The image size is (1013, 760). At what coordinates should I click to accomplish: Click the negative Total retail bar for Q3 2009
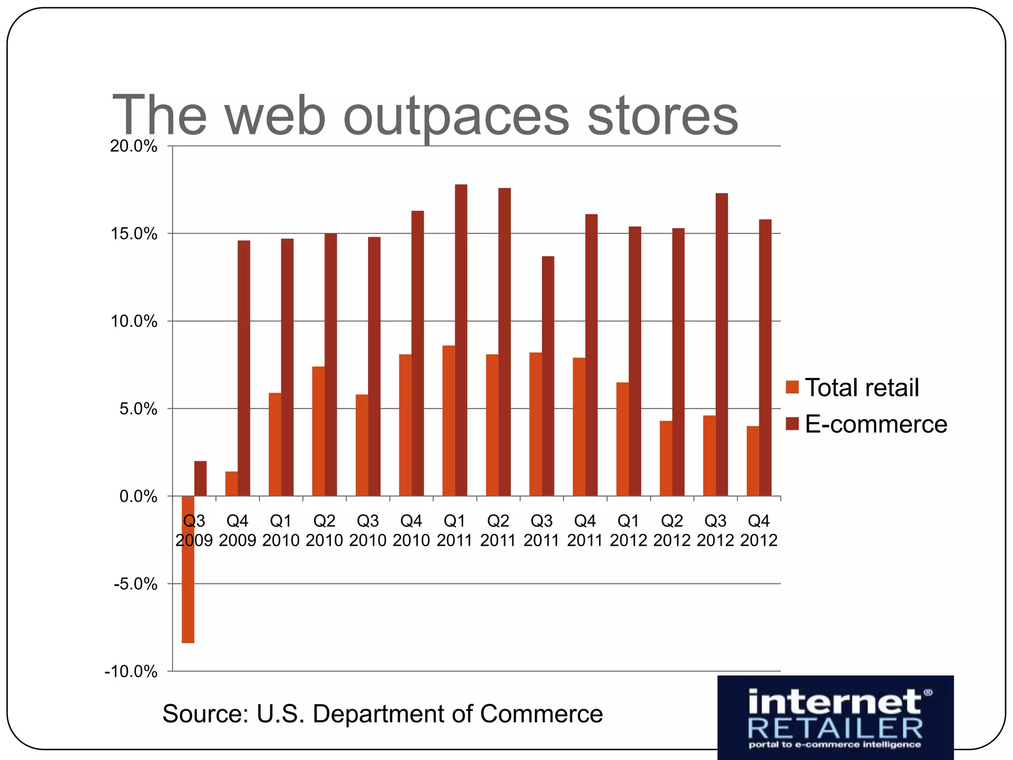(188, 569)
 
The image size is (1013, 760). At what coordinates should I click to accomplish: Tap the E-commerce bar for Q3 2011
(548, 376)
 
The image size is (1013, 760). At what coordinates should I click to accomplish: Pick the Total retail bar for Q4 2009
(231, 484)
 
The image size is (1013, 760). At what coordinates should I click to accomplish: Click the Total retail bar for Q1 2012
(622, 439)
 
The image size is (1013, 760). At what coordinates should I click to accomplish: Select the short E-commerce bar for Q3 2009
(200, 478)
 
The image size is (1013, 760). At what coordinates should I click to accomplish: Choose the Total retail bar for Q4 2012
(753, 461)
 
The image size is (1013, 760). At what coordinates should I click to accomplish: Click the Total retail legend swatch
(792, 387)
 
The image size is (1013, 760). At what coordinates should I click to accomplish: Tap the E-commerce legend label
(875, 424)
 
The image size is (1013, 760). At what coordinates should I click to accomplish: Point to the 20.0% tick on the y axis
(134, 146)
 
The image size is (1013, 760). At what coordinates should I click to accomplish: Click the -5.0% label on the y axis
(135, 584)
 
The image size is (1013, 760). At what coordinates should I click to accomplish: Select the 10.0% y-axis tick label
(134, 322)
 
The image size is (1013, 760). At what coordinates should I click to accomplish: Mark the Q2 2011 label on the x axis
(498, 530)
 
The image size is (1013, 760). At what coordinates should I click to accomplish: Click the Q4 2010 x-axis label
(411, 530)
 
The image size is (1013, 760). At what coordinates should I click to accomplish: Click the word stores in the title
(662, 116)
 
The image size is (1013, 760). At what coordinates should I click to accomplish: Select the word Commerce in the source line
(541, 713)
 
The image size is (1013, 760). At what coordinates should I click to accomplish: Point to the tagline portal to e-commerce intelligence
(835, 745)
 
